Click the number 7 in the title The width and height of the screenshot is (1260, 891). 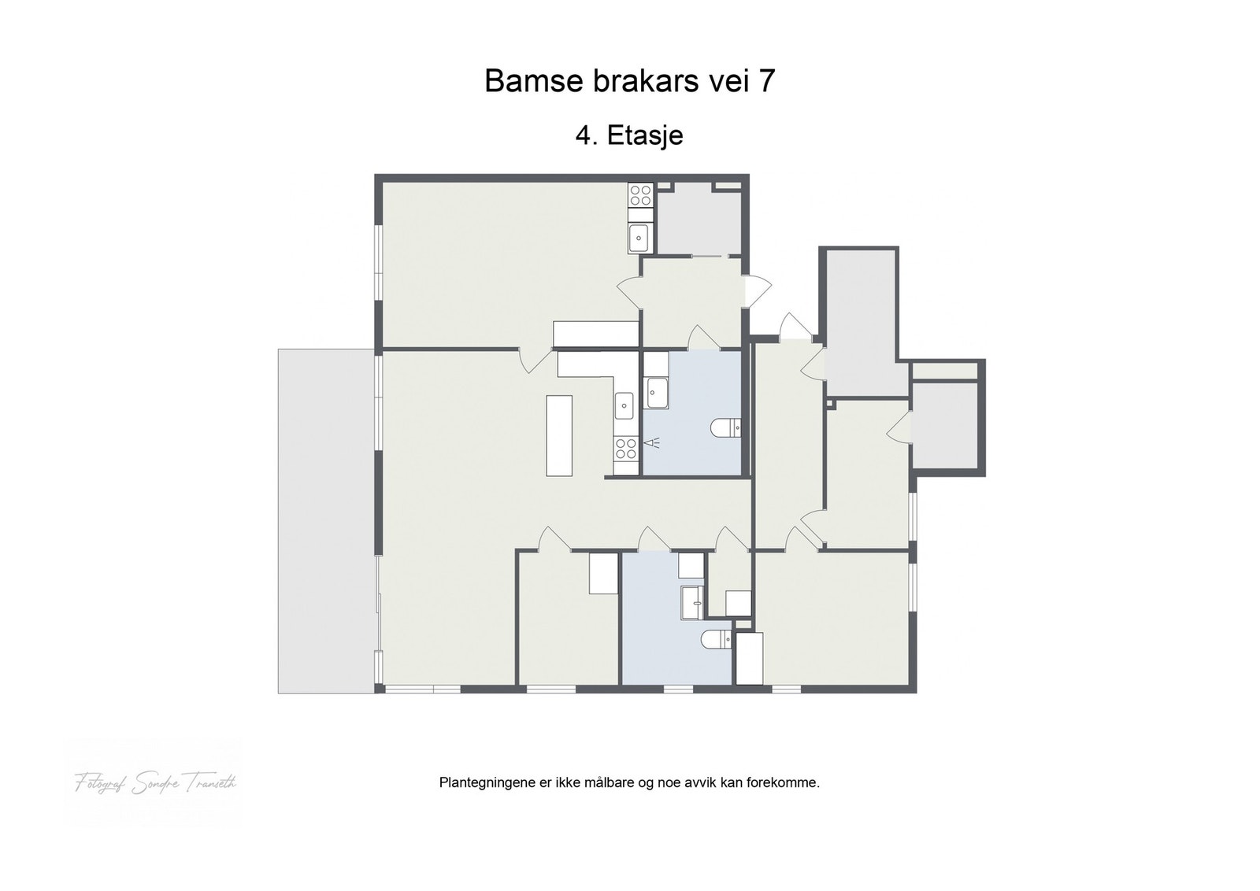point(766,81)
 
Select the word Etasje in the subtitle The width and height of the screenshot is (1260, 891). point(644,135)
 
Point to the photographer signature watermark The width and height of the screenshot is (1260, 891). point(155,783)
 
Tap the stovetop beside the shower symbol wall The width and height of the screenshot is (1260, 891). point(626,449)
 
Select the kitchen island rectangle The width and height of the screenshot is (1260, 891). point(559,435)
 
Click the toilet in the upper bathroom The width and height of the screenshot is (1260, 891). point(725,428)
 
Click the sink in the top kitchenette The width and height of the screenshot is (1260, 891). point(639,235)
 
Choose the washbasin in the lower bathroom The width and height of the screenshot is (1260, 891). point(693,603)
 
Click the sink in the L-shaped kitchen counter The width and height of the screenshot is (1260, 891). point(624,406)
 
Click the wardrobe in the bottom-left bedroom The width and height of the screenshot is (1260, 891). point(605,573)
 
